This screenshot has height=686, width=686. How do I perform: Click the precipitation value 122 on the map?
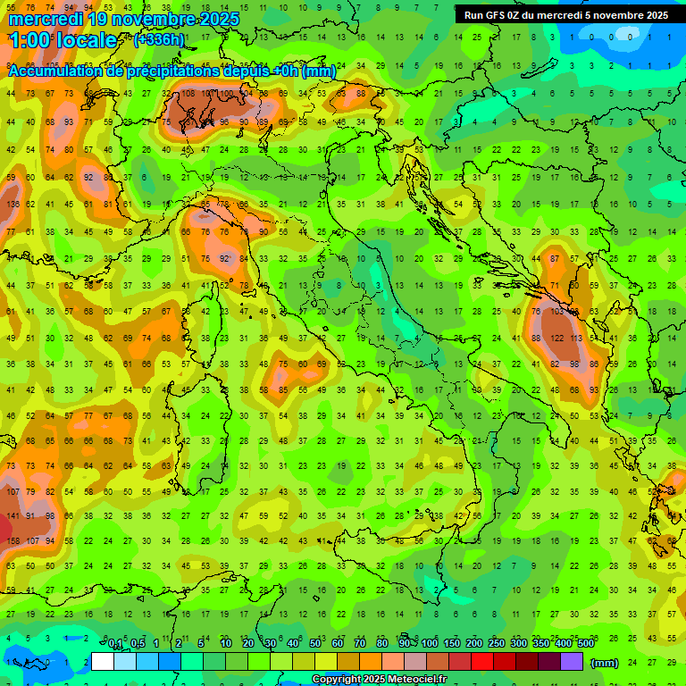pyautogui.click(x=556, y=339)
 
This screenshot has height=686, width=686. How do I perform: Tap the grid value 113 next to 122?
pyautogui.click(x=576, y=339)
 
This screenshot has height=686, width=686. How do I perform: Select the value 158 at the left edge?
pyautogui.click(x=13, y=540)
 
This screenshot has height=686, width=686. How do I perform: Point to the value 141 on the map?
pyautogui.click(x=13, y=515)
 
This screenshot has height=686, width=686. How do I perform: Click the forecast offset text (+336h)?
pyautogui.click(x=159, y=39)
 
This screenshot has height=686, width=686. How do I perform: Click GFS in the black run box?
pyautogui.click(x=496, y=15)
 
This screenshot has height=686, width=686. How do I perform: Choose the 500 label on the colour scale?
pyautogui.click(x=586, y=644)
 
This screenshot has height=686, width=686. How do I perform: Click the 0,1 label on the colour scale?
pyautogui.click(x=115, y=644)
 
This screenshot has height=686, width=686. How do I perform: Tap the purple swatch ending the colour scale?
pyautogui.click(x=572, y=662)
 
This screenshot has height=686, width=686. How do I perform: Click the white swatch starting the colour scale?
pyautogui.click(x=103, y=662)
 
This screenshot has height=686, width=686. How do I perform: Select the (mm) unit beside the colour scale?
pyautogui.click(x=605, y=663)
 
